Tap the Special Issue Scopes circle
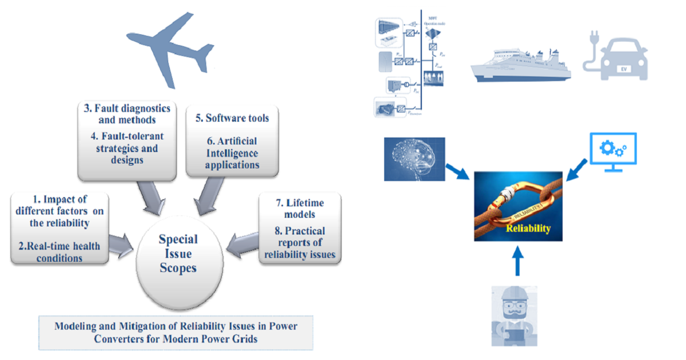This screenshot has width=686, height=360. [178, 253]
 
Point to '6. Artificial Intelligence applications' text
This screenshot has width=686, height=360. [233, 153]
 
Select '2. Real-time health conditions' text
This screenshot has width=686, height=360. [59, 251]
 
